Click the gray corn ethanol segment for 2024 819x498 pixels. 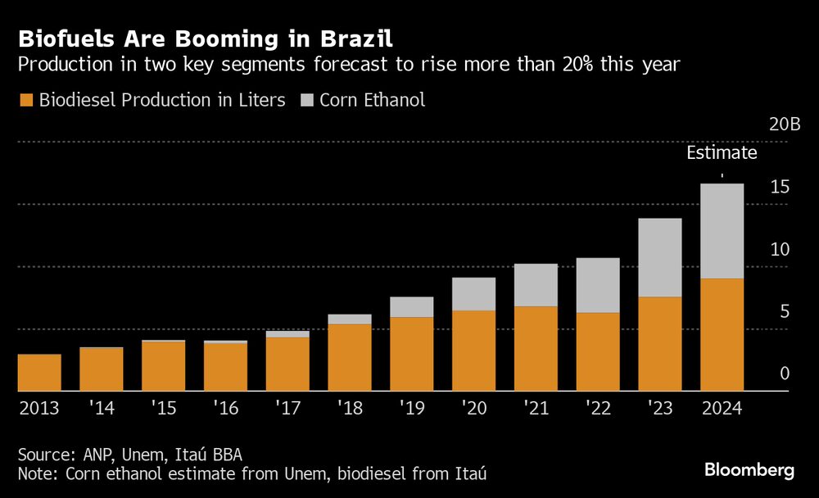(x=722, y=231)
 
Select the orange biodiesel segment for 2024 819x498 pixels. (x=722, y=334)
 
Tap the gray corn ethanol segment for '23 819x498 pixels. (x=659, y=257)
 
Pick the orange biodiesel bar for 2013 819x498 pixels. (x=39, y=373)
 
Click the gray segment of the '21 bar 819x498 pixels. (x=536, y=285)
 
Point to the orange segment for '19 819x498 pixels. (x=411, y=354)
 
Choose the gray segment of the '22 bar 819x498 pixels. (x=598, y=285)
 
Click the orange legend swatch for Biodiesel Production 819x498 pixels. (x=25, y=101)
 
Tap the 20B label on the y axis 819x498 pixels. (x=785, y=124)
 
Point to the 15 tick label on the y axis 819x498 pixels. (x=780, y=188)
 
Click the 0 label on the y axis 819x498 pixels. (x=784, y=373)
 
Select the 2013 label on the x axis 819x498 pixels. (x=38, y=407)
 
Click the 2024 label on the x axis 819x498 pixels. (x=721, y=407)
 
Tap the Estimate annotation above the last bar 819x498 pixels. (x=722, y=152)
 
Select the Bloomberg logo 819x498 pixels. (x=749, y=470)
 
